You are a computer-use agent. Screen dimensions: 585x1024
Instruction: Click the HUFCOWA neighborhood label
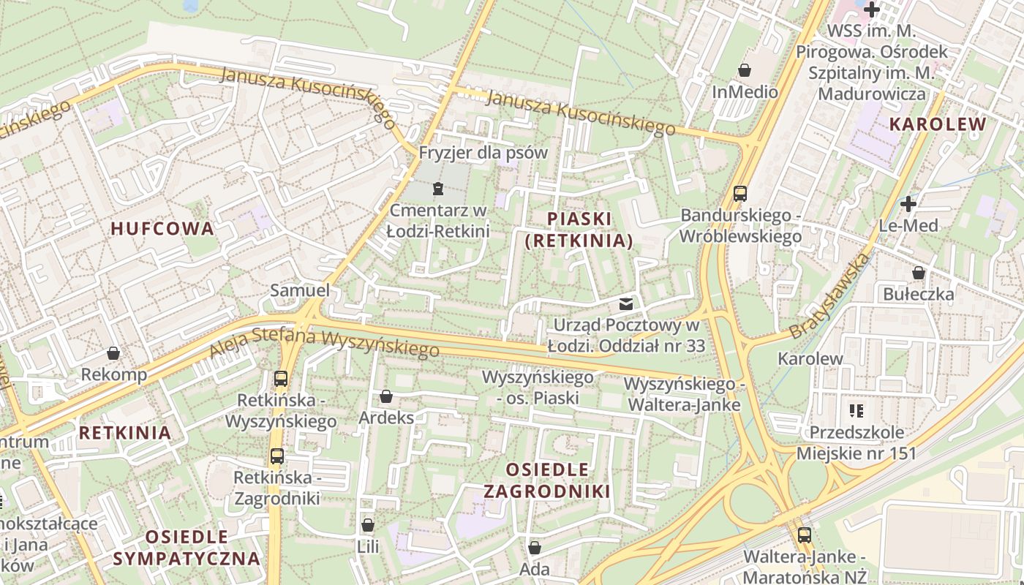162,228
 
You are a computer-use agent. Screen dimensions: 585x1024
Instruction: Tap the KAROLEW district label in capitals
938,124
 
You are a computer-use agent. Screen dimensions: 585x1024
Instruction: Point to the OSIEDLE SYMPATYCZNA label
187,548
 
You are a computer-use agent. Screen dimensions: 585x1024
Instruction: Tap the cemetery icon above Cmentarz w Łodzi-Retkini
437,189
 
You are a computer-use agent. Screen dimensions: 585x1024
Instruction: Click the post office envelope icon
625,303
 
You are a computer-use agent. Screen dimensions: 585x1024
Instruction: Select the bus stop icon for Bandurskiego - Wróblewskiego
740,194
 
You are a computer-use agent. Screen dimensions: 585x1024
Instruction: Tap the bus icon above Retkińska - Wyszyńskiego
281,379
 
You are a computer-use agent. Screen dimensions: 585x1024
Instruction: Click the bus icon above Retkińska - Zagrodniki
277,456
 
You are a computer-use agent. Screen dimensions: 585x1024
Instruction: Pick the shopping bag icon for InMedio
745,71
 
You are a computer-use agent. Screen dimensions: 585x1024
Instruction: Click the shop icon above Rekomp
113,353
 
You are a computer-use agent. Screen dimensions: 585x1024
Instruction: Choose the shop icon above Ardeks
386,396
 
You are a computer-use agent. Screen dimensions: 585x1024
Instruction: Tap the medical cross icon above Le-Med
908,203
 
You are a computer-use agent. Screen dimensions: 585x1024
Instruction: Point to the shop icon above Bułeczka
919,273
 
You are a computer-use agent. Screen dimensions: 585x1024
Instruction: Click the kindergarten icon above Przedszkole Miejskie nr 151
856,411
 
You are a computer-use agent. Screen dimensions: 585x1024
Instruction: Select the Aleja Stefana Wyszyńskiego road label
324,344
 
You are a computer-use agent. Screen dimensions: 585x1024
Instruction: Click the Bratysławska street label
831,295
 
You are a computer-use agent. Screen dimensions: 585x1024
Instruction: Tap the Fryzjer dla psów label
483,153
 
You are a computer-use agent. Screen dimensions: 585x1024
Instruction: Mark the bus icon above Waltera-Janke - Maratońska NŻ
805,535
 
